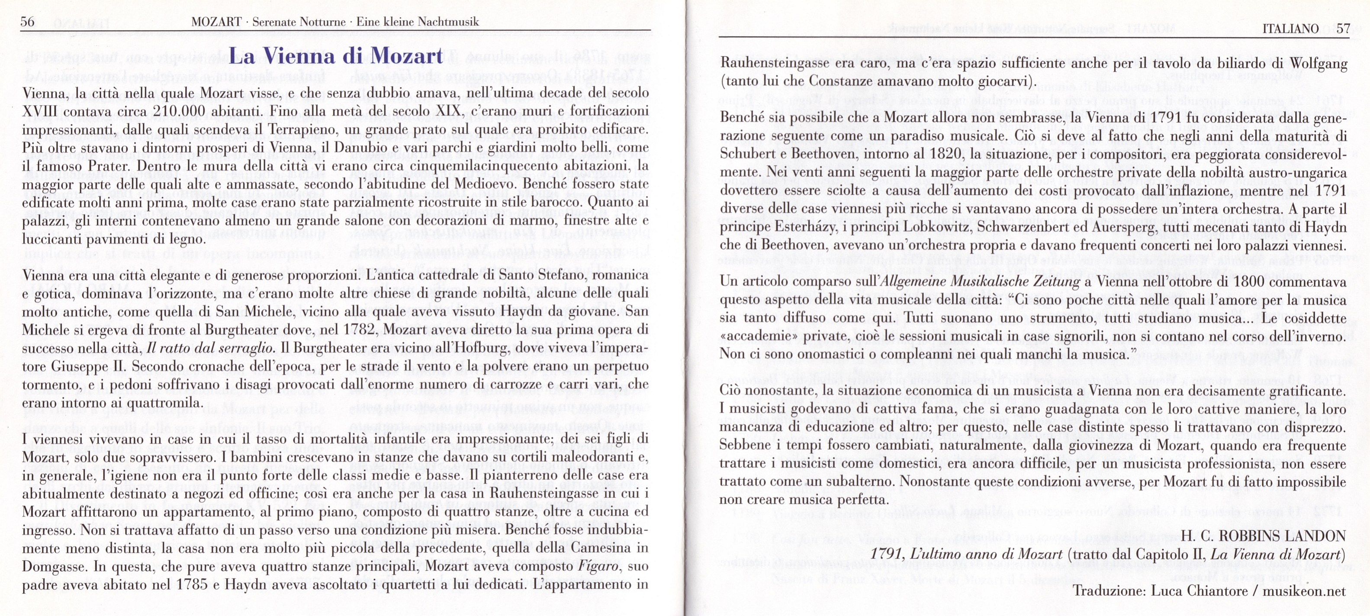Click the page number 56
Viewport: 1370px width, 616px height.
(27, 22)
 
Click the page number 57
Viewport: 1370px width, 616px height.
(1343, 28)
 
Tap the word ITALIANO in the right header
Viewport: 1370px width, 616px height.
(1290, 28)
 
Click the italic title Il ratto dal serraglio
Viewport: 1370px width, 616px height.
(211, 349)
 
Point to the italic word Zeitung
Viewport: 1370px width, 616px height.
(1052, 282)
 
